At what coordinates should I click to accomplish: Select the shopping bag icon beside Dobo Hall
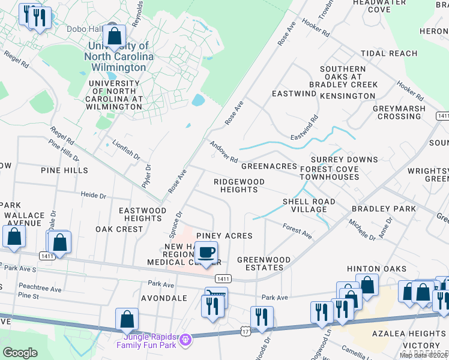click(114, 37)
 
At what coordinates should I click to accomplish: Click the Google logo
click(20, 352)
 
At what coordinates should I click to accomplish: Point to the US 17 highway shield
click(245, 331)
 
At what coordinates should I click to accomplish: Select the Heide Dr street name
click(93, 196)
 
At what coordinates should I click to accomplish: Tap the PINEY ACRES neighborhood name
click(224, 236)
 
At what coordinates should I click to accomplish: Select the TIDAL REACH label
click(389, 53)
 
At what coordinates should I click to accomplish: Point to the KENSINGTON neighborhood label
click(348, 96)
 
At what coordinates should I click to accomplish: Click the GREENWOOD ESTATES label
click(264, 264)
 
